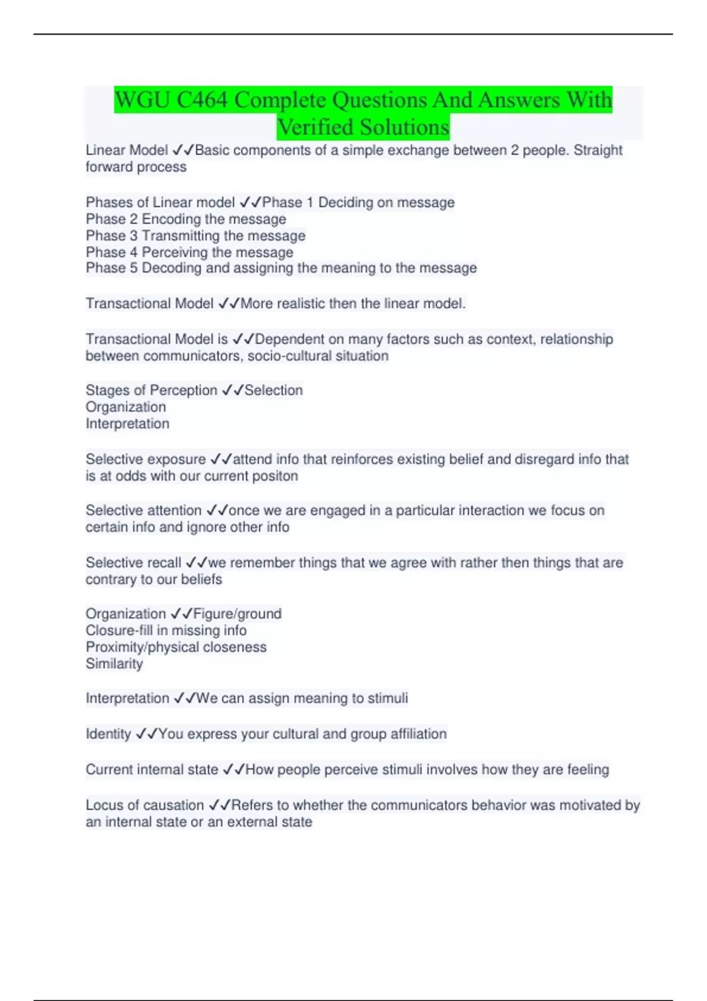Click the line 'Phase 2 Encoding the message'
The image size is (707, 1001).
pyautogui.click(x=186, y=219)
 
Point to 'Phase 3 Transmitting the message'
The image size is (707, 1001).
pyautogui.click(x=195, y=236)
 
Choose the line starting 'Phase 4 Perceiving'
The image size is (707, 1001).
pyautogui.click(x=189, y=252)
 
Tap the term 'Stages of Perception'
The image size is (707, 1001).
pyautogui.click(x=151, y=390)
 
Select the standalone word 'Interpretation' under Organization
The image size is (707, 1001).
pyautogui.click(x=127, y=424)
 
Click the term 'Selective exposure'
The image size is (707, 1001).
pyautogui.click(x=146, y=459)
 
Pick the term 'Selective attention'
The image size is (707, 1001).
pyautogui.click(x=143, y=511)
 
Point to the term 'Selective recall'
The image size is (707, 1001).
pyautogui.click(x=133, y=563)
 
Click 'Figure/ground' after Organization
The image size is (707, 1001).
pyautogui.click(x=237, y=614)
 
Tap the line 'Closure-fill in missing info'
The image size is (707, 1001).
pyautogui.click(x=166, y=631)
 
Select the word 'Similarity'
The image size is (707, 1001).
pyautogui.click(x=114, y=664)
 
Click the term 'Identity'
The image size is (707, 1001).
pyautogui.click(x=108, y=734)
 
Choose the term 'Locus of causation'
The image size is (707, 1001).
pyautogui.click(x=144, y=805)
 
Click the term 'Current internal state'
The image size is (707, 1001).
pyautogui.click(x=151, y=770)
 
